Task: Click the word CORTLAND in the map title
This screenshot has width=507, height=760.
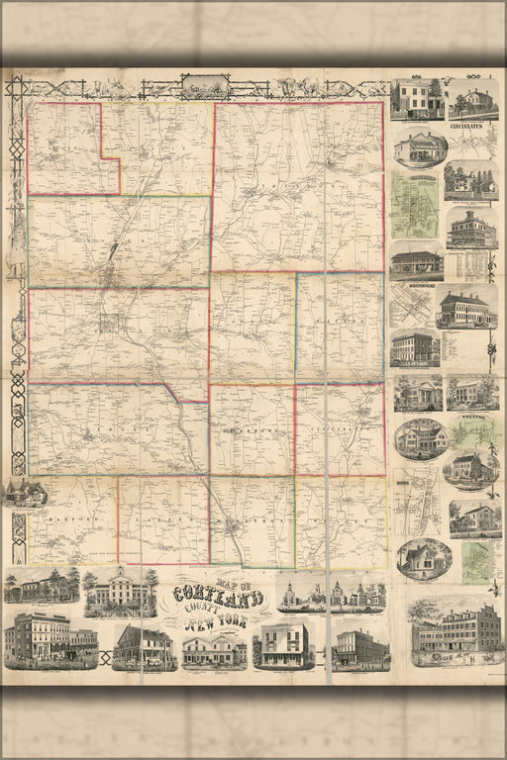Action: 216,598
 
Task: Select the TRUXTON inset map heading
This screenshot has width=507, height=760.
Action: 471,419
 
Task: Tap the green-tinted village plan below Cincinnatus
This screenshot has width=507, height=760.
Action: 414,206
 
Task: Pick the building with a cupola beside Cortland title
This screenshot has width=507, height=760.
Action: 120,592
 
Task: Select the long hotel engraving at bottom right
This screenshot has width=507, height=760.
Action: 456,629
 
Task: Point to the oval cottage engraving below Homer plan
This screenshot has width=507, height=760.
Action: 424,559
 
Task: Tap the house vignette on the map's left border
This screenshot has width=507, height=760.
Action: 24,492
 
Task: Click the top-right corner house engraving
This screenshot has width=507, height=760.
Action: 472,100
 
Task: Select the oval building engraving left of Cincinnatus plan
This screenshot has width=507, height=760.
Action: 420,147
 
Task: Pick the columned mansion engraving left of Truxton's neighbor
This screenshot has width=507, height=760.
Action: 418,393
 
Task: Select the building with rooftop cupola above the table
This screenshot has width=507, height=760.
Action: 471,229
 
